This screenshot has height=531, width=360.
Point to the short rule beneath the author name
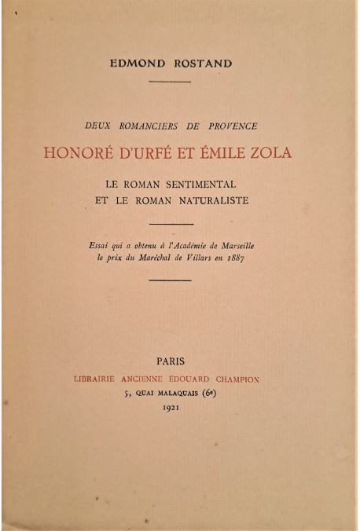click(x=169, y=81)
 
